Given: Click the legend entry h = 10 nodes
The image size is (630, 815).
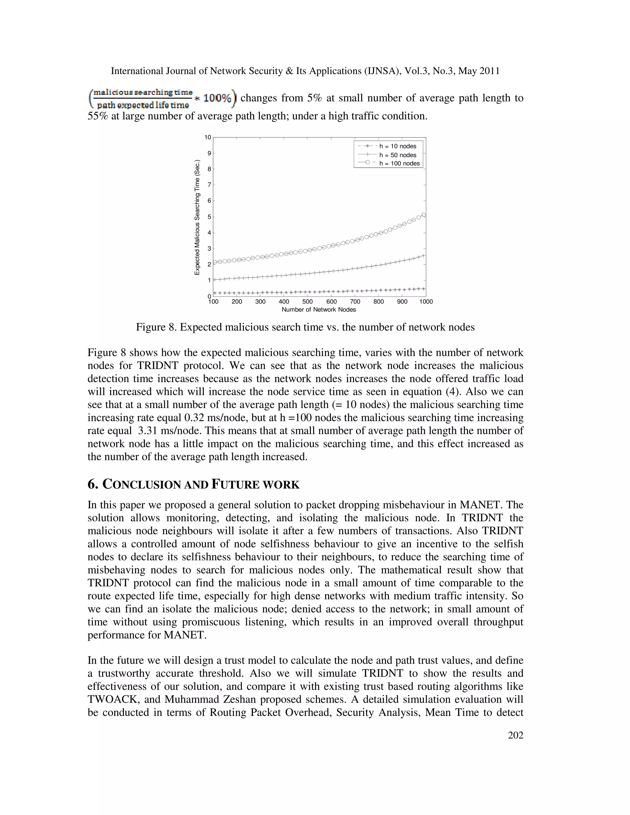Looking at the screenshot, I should tap(397, 146).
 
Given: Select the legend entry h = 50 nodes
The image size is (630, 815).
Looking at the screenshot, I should tap(397, 155).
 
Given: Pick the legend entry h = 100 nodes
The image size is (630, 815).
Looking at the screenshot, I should tap(399, 163).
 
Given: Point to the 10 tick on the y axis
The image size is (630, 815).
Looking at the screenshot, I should tap(208, 137).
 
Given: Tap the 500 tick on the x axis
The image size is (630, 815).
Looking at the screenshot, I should tap(308, 301).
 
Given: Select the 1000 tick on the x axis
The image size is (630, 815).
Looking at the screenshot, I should tap(426, 301).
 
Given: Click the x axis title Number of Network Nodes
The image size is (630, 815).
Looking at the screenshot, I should tap(319, 310).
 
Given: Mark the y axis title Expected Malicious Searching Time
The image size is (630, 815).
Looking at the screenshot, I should tap(197, 217).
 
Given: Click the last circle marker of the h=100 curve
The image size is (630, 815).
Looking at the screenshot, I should tap(424, 215).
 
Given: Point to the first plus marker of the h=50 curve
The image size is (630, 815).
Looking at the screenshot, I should tap(214, 280).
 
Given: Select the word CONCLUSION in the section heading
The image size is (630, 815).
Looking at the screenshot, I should tap(142, 484).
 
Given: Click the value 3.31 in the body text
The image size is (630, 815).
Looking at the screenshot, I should tap(148, 431).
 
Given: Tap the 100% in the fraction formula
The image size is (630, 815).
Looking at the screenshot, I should tap(217, 98).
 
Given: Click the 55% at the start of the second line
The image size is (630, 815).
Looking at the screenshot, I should tap(98, 116).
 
